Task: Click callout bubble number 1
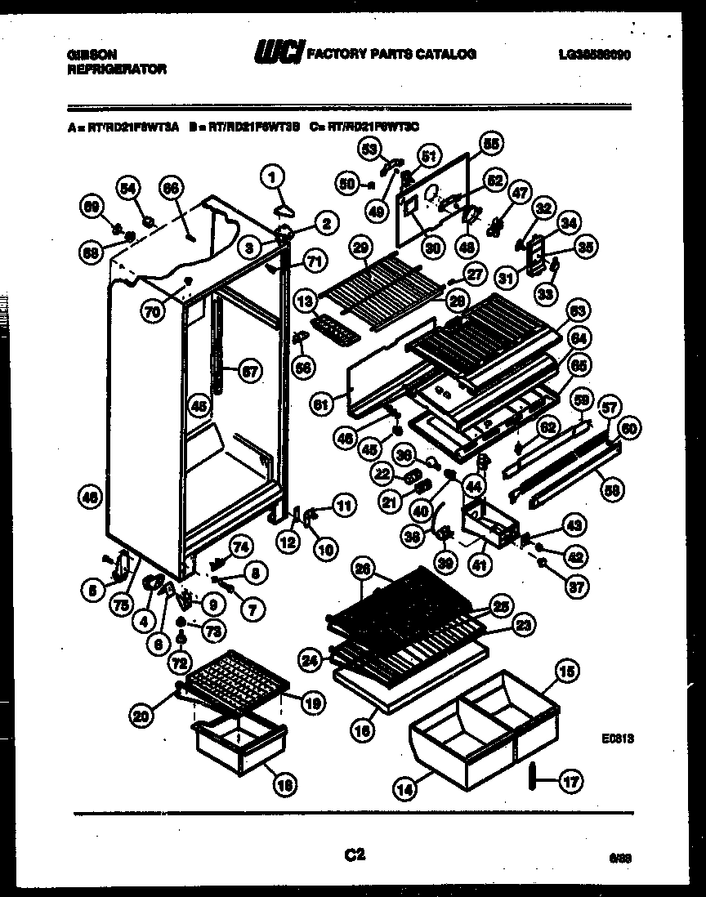273,173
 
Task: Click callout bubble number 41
480,562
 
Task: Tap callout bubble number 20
142,716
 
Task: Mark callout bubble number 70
150,311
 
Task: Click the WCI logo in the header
278,54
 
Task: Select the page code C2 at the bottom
354,855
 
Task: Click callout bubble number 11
344,507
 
